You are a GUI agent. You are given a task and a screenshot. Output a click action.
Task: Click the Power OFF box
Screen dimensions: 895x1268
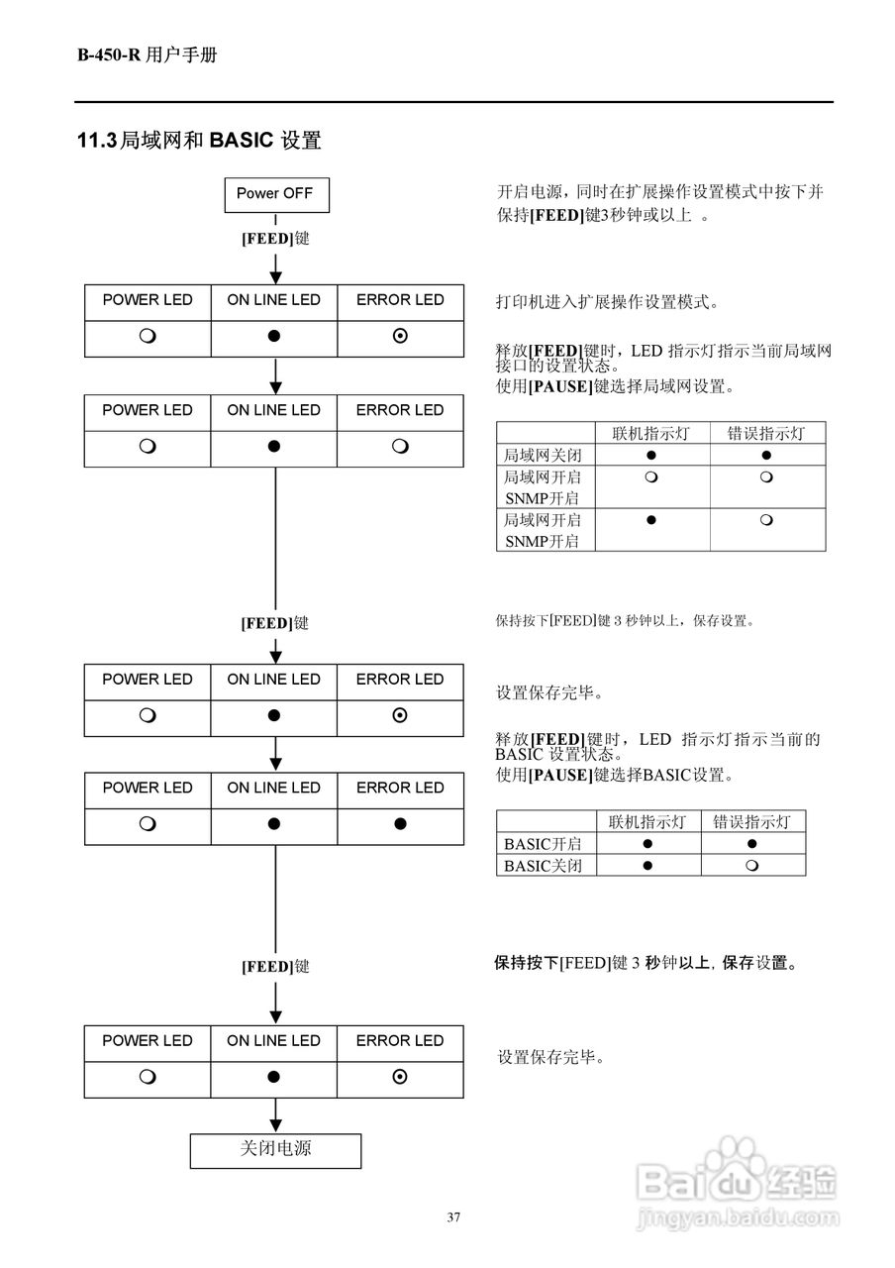(x=275, y=194)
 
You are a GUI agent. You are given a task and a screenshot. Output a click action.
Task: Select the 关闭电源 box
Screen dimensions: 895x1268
(x=275, y=1149)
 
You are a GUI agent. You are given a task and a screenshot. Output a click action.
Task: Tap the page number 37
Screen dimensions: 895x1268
(x=453, y=1217)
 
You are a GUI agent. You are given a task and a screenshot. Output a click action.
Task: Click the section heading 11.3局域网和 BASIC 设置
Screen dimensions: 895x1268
(x=199, y=141)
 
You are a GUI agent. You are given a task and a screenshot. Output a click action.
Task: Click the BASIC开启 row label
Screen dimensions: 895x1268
(x=543, y=844)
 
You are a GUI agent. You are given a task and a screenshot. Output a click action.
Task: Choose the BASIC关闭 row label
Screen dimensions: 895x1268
(x=543, y=866)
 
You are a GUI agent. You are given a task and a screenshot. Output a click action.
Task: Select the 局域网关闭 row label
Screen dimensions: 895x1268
(x=543, y=456)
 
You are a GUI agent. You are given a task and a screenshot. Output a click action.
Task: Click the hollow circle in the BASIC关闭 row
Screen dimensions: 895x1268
(x=752, y=866)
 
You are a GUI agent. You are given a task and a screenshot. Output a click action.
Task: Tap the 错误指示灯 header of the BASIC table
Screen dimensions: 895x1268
(x=752, y=821)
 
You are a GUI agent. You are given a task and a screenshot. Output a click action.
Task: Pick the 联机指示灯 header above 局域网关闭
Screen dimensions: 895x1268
(x=652, y=433)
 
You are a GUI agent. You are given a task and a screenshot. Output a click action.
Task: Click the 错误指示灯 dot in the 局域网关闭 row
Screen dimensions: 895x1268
(x=767, y=456)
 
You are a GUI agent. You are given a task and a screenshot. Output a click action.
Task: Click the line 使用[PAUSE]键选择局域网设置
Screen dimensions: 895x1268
(x=615, y=386)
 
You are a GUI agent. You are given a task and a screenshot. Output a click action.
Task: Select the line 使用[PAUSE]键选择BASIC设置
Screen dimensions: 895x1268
(x=615, y=775)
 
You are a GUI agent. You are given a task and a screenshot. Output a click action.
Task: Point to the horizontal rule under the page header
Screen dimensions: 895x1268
(x=453, y=102)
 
